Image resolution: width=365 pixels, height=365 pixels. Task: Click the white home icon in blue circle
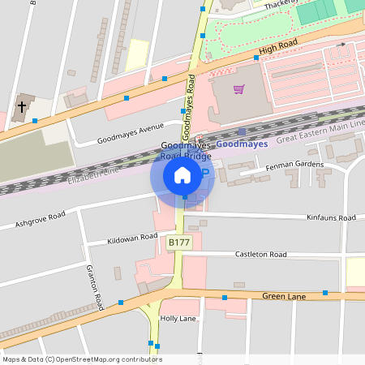coord(182,174)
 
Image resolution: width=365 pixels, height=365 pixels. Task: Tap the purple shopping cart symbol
coord(238,89)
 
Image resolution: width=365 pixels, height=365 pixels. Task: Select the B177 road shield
coord(178,243)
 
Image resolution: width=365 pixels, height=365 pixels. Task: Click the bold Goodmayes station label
coord(241,144)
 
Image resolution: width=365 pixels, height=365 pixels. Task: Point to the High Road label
coord(275,50)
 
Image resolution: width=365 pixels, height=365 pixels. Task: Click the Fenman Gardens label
coord(294,165)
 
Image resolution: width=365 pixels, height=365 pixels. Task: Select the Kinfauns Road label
coord(331,218)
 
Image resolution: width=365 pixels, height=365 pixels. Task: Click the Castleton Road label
coord(260,255)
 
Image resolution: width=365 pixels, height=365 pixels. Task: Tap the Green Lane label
coord(284,297)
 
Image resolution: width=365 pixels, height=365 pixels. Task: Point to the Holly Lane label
coord(179,319)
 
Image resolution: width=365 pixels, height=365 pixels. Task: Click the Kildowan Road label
coord(132,238)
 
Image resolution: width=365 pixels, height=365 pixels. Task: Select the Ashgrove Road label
coord(40,220)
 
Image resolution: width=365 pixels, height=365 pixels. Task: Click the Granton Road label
coord(94,287)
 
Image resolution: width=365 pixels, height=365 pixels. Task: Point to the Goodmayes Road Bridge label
coord(185,150)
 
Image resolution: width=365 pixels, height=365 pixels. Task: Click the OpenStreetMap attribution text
coord(82,359)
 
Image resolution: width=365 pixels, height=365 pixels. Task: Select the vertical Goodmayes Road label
coord(188,106)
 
